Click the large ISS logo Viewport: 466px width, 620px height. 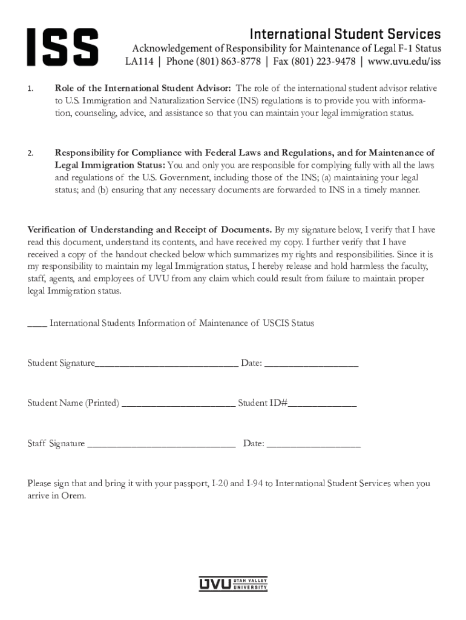[x=62, y=47]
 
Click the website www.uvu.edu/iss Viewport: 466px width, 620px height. [x=404, y=62]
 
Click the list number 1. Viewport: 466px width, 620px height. [x=30, y=89]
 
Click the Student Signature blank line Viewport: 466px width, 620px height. [x=166, y=364]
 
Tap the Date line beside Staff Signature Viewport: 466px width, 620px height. [x=313, y=445]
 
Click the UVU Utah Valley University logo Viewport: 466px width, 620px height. [x=233, y=584]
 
